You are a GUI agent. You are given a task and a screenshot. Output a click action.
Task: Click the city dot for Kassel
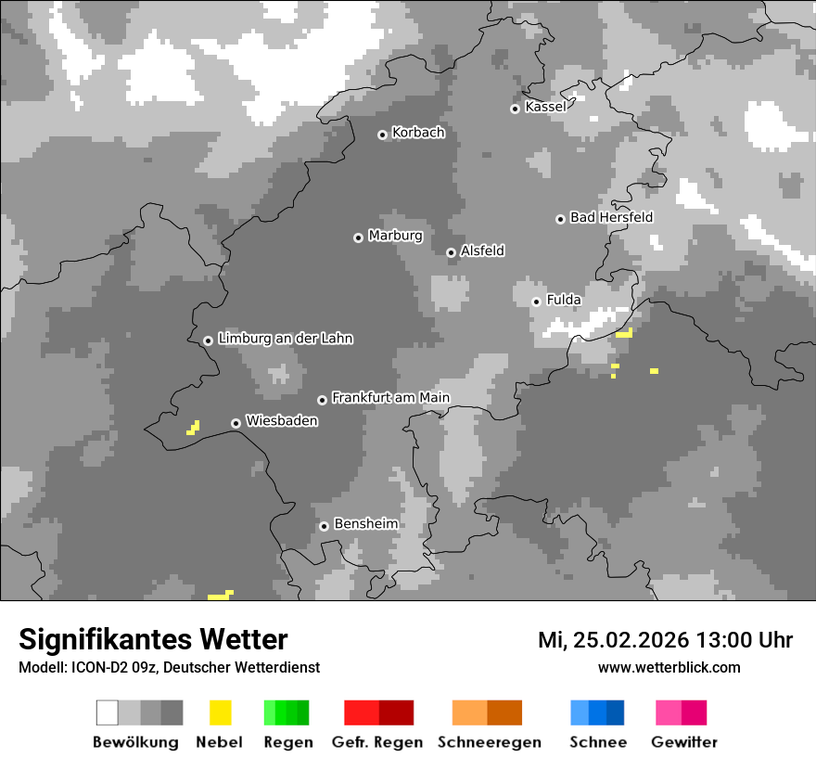[515, 109]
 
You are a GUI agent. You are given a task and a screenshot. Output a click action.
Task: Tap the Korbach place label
[418, 133]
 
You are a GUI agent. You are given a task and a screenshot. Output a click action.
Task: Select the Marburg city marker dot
[358, 237]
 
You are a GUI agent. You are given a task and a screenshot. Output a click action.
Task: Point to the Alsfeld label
[482, 250]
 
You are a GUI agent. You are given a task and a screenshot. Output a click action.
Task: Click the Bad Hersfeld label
[611, 217]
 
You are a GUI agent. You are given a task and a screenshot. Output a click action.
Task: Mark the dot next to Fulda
[536, 302]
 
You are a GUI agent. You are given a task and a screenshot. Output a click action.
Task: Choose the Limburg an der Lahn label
[285, 339]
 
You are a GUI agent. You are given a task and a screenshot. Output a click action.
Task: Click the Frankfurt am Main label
[390, 398]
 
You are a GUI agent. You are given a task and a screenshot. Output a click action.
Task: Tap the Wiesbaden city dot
[236, 423]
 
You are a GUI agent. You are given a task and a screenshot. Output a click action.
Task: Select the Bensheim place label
[365, 524]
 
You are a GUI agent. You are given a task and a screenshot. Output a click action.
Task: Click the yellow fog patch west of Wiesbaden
[193, 428]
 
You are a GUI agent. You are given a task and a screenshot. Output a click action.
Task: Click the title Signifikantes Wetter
[153, 639]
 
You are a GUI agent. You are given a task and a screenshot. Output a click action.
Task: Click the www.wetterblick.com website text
[669, 667]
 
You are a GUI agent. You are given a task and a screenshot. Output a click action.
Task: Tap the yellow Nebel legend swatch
[220, 712]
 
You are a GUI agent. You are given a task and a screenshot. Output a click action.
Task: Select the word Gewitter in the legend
[683, 742]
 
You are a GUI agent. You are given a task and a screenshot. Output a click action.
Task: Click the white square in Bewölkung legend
[107, 712]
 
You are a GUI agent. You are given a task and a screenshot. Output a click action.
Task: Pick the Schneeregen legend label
[489, 742]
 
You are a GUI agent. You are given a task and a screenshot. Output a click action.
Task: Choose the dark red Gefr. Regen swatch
[396, 712]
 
